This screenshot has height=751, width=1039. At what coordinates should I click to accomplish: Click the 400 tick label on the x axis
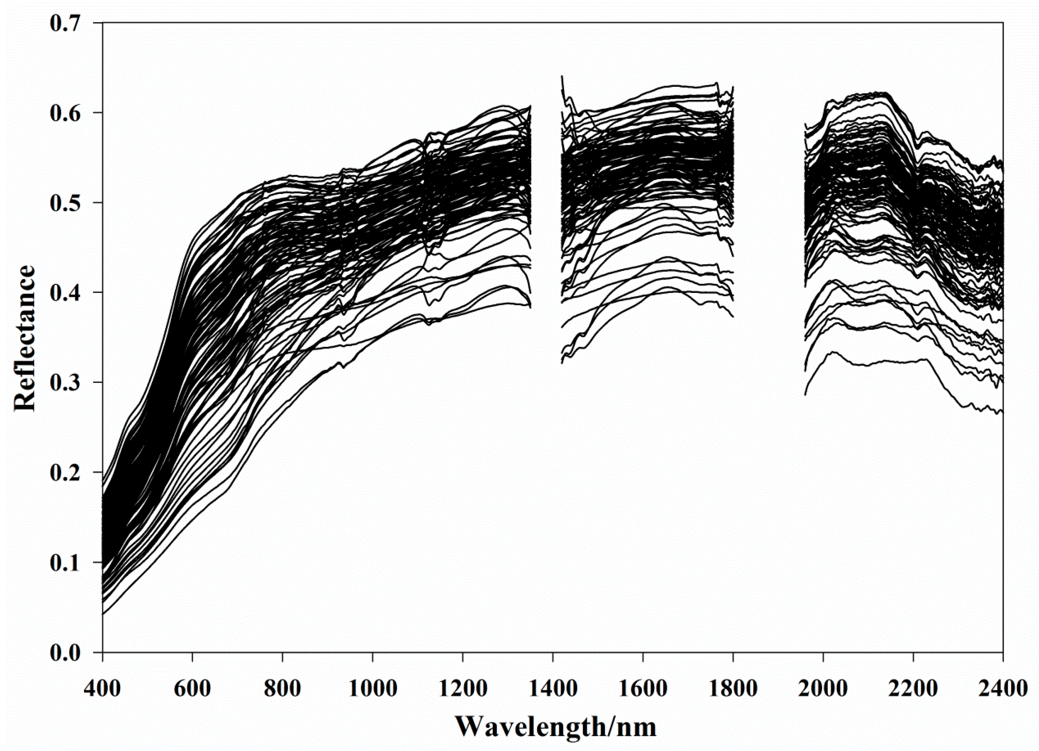pyautogui.click(x=103, y=689)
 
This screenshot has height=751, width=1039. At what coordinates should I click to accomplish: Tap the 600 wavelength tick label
pyautogui.click(x=192, y=689)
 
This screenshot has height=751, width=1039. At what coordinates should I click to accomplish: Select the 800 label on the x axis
pyautogui.click(x=283, y=689)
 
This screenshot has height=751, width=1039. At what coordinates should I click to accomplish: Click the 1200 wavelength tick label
pyautogui.click(x=463, y=689)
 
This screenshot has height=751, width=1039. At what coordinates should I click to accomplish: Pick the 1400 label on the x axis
pyautogui.click(x=553, y=689)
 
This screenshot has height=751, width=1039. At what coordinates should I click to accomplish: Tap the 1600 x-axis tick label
pyautogui.click(x=643, y=689)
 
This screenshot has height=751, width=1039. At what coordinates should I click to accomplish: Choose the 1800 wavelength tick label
pyautogui.click(x=733, y=689)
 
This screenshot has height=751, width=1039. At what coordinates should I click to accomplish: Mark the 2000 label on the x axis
pyautogui.click(x=823, y=689)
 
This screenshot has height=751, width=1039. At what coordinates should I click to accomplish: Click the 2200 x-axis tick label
pyautogui.click(x=913, y=689)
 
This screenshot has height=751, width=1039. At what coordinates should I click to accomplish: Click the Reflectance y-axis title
pyautogui.click(x=25, y=338)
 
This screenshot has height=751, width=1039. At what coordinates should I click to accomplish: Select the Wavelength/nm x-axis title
pyautogui.click(x=556, y=726)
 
